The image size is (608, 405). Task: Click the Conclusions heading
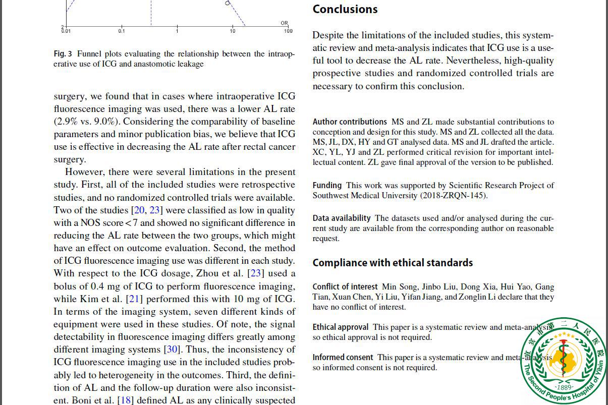[x=345, y=10]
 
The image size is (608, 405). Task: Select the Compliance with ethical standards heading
[x=393, y=263]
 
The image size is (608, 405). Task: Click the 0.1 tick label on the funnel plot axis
[x=122, y=31]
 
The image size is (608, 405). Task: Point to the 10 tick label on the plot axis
[x=233, y=31]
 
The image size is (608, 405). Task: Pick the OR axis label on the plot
[x=285, y=23]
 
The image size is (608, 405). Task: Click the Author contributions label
[x=350, y=122]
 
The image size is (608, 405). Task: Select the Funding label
[x=327, y=186]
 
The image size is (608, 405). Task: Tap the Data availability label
[x=342, y=218]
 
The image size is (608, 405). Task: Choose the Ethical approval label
[x=341, y=327]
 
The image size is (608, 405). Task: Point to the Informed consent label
[x=343, y=358]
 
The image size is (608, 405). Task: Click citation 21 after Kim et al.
[x=134, y=299]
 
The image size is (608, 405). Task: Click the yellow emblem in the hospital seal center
[x=563, y=359]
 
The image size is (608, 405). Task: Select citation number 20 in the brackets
[x=139, y=210]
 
